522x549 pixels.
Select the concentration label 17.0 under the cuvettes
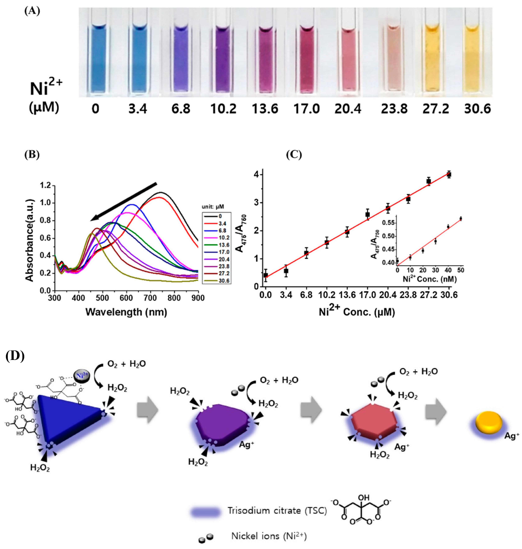pos(307,109)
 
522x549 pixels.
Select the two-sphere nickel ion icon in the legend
pos(206,538)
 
